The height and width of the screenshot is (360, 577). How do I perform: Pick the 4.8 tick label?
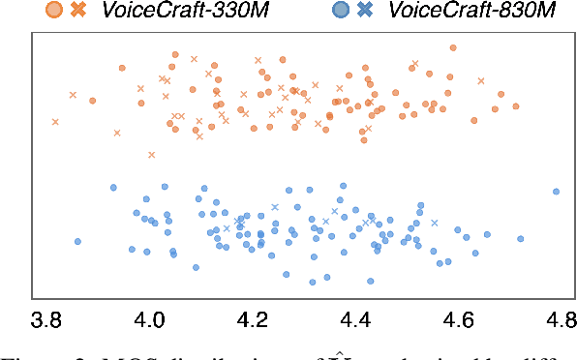tap(560, 319)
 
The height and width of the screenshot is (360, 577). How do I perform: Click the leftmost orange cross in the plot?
tap(55, 122)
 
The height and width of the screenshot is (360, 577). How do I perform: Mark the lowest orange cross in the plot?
tap(151, 154)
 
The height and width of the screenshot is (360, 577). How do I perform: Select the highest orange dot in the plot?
tap(454, 46)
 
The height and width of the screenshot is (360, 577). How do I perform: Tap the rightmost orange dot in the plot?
tap(516, 105)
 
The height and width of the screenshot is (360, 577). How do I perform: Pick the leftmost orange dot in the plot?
tap(93, 100)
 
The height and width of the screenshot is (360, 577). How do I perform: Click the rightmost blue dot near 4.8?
tap(556, 192)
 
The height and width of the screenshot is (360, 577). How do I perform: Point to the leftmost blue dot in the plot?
tap(77, 242)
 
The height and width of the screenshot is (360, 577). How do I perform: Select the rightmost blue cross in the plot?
tap(435, 223)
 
